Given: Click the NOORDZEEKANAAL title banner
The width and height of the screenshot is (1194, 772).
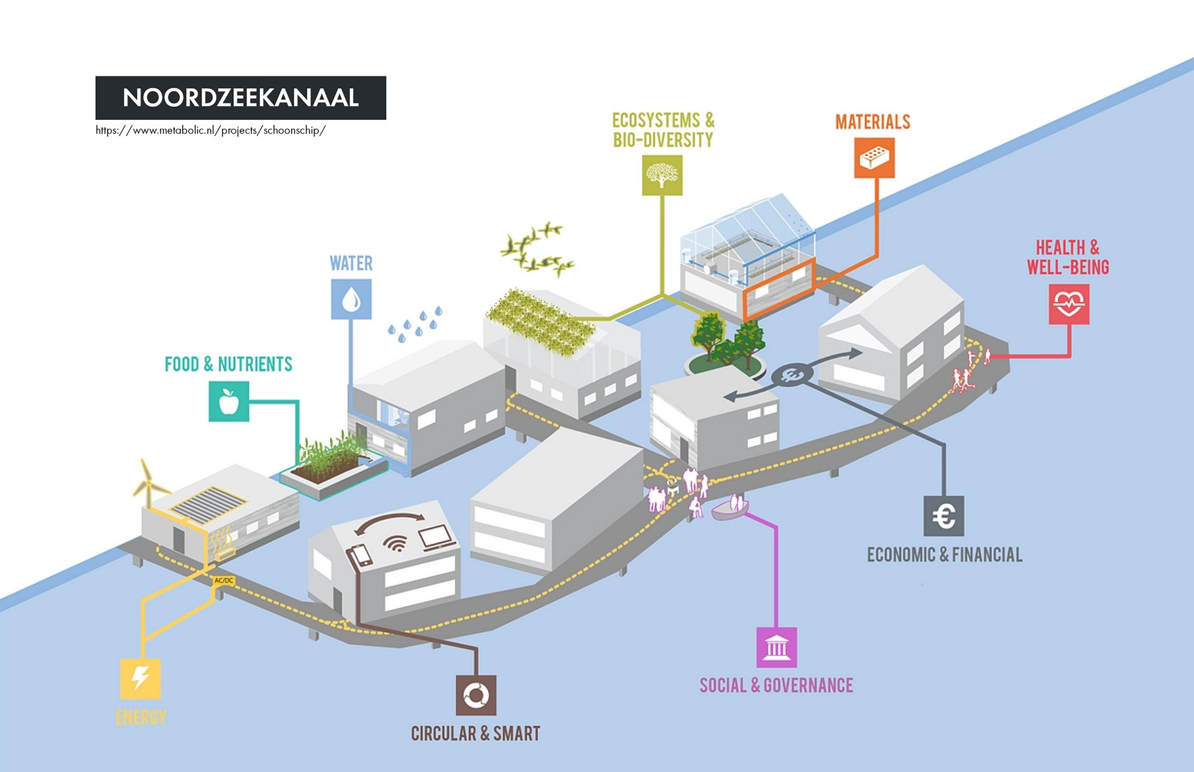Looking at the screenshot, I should point(241,98).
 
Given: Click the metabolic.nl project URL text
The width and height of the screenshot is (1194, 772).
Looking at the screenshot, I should point(210,131).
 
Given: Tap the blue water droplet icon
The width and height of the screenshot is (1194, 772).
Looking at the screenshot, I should point(351,299).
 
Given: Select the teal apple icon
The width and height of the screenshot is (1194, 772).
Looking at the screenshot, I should point(229,402).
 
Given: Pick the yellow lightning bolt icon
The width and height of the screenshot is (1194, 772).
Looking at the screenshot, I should point(141,679).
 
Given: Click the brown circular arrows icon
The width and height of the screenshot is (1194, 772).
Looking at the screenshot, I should point(476,695).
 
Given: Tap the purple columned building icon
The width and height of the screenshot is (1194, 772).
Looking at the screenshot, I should point(777,648).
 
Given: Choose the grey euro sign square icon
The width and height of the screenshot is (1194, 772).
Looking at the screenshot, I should point(944,516).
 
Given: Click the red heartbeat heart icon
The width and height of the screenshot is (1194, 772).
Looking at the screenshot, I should point(1069,304).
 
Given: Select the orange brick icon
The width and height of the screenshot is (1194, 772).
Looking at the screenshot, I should point(874,158).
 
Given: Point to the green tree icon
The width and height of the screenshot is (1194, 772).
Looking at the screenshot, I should point(662,175).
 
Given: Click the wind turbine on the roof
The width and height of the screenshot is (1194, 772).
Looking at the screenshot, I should point(147,482).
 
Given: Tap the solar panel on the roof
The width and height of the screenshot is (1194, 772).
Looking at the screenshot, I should point(208,502).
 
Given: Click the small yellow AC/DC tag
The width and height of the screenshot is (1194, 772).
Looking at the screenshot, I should point(224,581).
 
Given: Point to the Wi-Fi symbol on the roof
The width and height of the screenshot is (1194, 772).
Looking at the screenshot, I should point(394,544).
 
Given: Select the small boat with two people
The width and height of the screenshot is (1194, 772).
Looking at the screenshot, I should point(731,508).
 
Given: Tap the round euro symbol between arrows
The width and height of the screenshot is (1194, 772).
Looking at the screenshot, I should point(792,375).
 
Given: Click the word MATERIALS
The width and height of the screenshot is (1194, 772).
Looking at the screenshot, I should point(872,122).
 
